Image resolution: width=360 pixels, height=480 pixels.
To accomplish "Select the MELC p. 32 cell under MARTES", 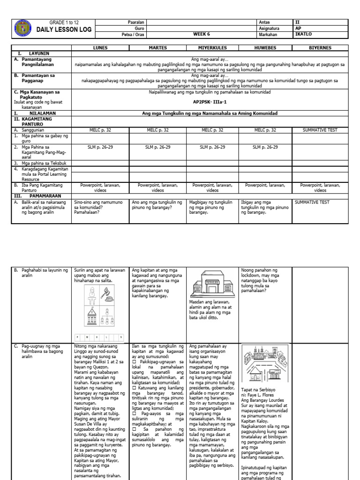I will coord(158,130).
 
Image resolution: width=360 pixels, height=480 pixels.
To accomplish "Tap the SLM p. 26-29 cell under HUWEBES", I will coord(265,147).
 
